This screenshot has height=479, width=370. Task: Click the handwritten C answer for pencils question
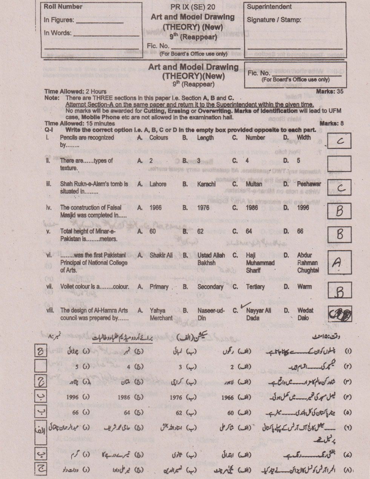pyautogui.click(x=339, y=142)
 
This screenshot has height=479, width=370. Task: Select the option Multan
pyautogui.click(x=253, y=184)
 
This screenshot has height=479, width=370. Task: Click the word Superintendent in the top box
pyautogui.click(x=269, y=7)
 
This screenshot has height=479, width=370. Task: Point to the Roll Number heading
pyautogui.click(x=63, y=7)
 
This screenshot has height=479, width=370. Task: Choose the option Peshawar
pyautogui.click(x=309, y=184)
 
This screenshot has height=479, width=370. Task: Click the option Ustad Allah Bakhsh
pyautogui.click(x=211, y=259)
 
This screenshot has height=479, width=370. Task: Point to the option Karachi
pyautogui.click(x=206, y=184)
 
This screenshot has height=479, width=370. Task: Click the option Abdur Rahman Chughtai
pyautogui.click(x=308, y=263)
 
